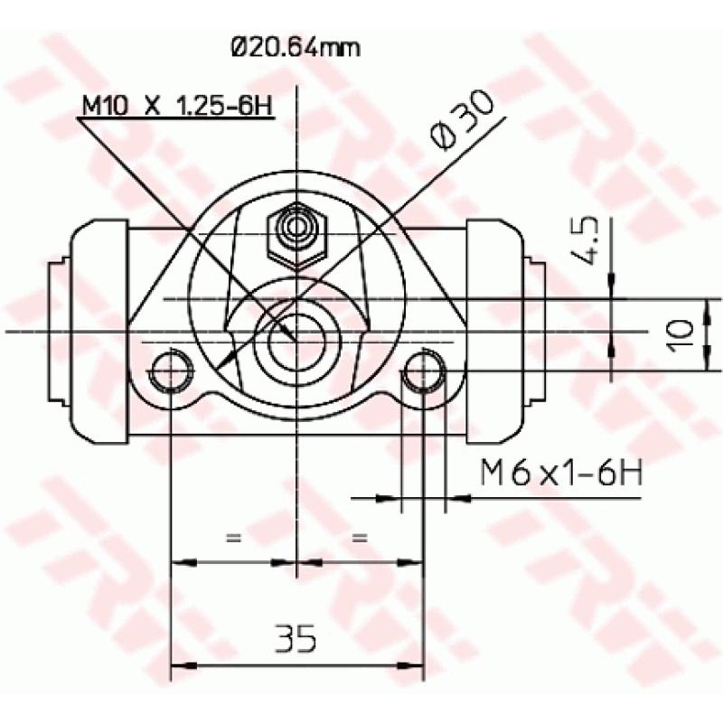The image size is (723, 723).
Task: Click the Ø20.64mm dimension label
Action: coord(295,46)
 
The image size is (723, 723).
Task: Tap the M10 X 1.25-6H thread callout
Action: coord(177,105)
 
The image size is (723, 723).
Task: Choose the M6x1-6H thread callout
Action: coord(560,472)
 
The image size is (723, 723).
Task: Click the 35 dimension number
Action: coord(296,639)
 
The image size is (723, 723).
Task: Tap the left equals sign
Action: coord(233,539)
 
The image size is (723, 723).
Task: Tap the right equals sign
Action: coord(360,539)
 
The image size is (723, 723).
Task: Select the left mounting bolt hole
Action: coord(170,370)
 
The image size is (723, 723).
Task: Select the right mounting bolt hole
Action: coord(422,370)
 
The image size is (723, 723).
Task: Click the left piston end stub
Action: coord(56,330)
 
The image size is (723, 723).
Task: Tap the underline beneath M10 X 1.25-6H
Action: coord(177,118)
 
